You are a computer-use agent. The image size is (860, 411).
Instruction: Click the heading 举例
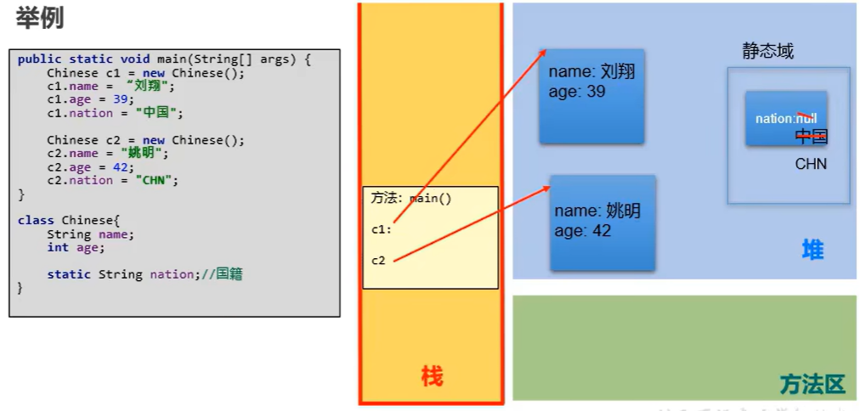coord(39,18)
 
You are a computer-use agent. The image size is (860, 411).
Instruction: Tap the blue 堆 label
coord(812,250)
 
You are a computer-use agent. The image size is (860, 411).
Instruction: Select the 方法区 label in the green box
coord(812,385)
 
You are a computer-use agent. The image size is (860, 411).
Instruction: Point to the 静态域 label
coord(767,51)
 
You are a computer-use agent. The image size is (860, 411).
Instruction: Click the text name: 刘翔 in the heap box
coord(591,72)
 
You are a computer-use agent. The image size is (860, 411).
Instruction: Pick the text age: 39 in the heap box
coord(577,91)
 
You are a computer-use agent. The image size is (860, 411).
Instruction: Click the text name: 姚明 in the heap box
coord(597,211)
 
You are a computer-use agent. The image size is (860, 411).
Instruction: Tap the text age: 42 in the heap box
coord(583,230)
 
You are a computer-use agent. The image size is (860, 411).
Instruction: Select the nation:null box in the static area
coord(786,118)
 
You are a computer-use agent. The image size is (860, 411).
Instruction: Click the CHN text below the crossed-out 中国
coord(811,164)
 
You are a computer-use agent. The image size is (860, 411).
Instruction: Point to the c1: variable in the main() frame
coord(381,228)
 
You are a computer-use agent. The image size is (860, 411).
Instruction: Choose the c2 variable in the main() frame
coord(378,260)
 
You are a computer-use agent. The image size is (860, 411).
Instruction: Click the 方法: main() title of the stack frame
coord(411,198)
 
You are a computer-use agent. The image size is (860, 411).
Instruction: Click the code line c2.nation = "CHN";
coord(113,180)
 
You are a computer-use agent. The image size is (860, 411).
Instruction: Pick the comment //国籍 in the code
coord(223,274)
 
